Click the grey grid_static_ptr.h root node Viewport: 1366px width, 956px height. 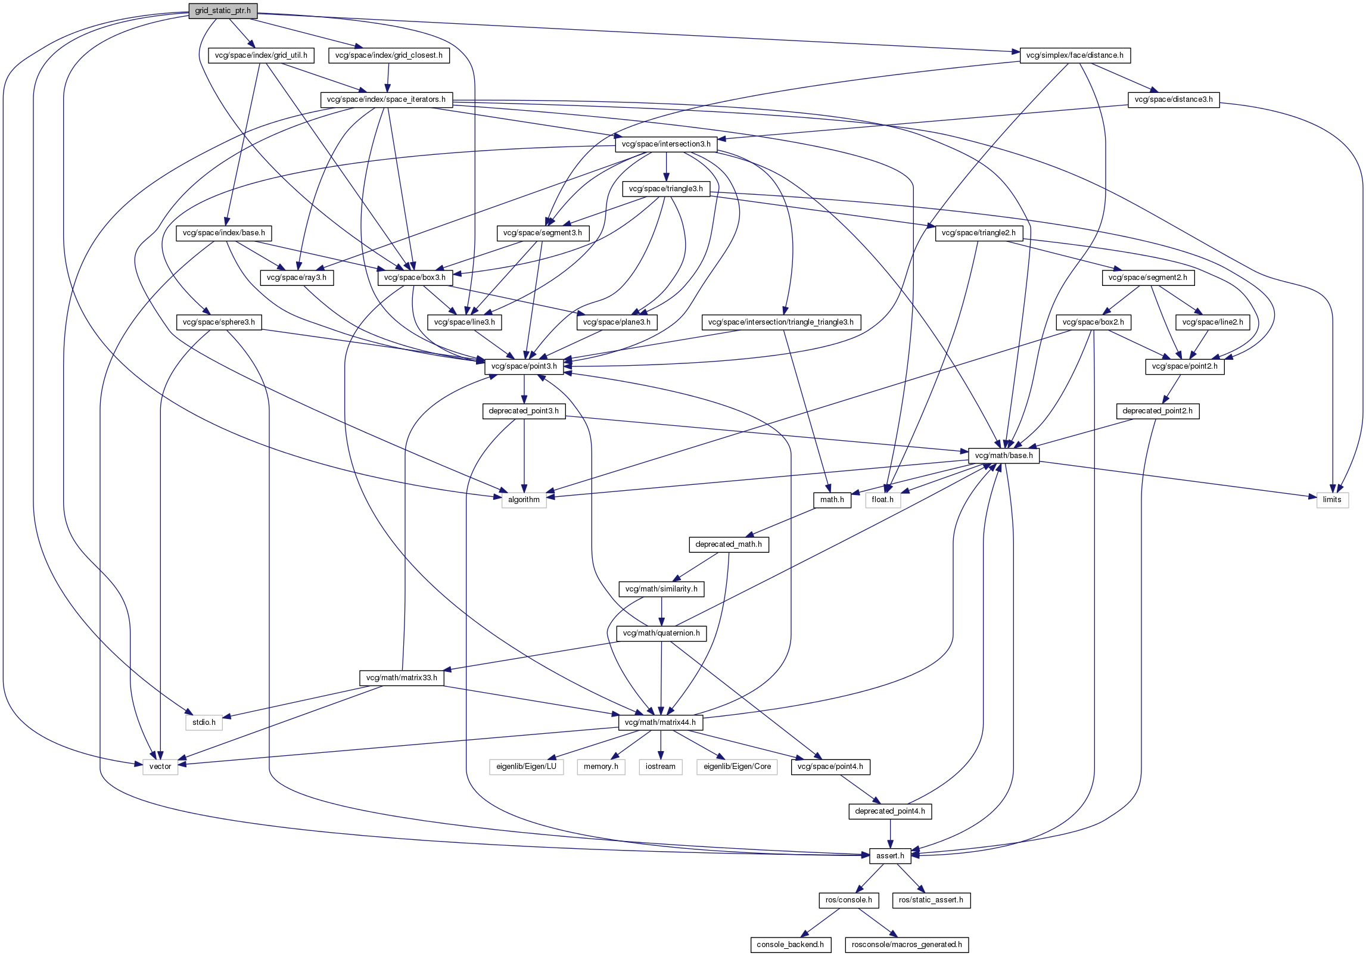point(223,11)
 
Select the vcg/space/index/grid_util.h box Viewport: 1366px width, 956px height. point(261,55)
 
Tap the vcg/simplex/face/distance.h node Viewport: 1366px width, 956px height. point(1075,55)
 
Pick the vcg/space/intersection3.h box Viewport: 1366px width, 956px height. point(665,144)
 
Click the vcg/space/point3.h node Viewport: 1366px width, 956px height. point(524,366)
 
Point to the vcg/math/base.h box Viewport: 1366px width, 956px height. point(1004,456)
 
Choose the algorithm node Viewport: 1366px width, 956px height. point(524,500)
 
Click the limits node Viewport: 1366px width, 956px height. point(1331,500)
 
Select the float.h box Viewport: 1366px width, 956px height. point(882,500)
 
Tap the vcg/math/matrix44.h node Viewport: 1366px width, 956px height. point(661,723)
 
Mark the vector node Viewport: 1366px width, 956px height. point(160,767)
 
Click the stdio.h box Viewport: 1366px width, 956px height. point(204,723)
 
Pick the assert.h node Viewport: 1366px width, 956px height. point(890,856)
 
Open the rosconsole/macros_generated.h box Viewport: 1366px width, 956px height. point(906,945)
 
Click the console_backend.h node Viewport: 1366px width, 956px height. point(790,945)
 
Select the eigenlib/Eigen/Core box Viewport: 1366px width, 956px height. point(737,767)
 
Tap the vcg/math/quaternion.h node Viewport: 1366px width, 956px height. point(661,633)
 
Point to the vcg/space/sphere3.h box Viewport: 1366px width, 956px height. point(219,322)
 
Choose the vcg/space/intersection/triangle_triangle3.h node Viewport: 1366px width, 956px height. point(780,322)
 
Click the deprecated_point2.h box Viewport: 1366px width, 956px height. point(1157,411)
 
